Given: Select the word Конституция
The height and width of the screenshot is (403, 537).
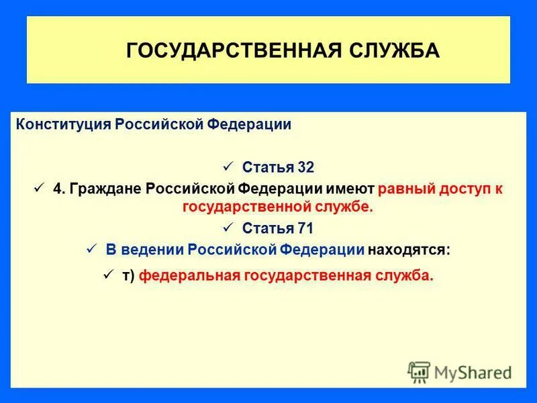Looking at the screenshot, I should point(64,124).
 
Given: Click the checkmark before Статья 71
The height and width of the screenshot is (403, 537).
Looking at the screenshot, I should point(226,227).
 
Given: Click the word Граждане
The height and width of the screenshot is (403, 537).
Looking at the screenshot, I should point(109,189).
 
